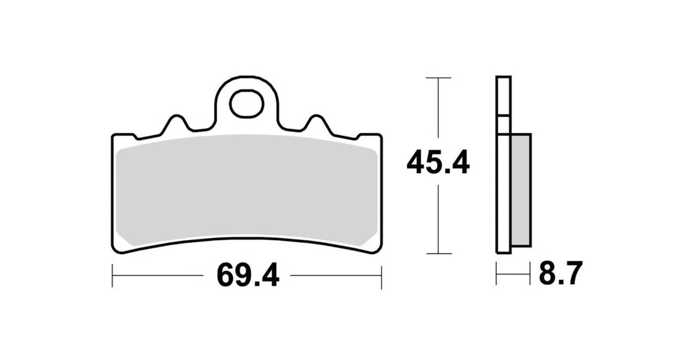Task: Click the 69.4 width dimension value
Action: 248,275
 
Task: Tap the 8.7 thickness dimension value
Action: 560,273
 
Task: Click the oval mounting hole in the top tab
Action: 247,104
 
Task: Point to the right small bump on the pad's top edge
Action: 316,123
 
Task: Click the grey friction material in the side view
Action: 520,190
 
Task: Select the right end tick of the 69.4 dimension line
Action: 381,277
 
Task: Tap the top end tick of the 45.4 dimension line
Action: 438,78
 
